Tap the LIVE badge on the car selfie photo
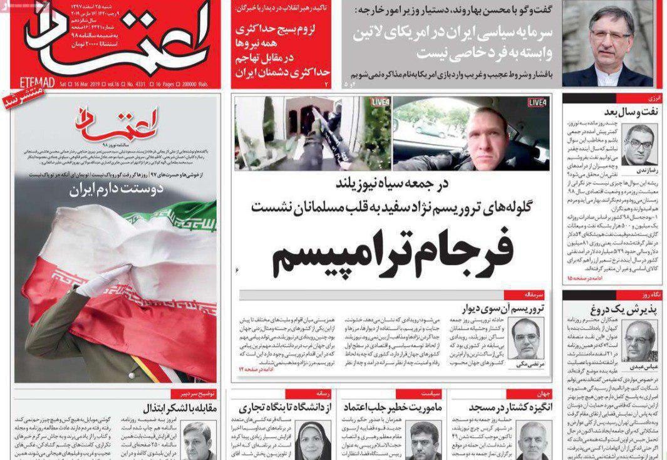tap(537, 102)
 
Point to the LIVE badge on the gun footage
tap(380, 102)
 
